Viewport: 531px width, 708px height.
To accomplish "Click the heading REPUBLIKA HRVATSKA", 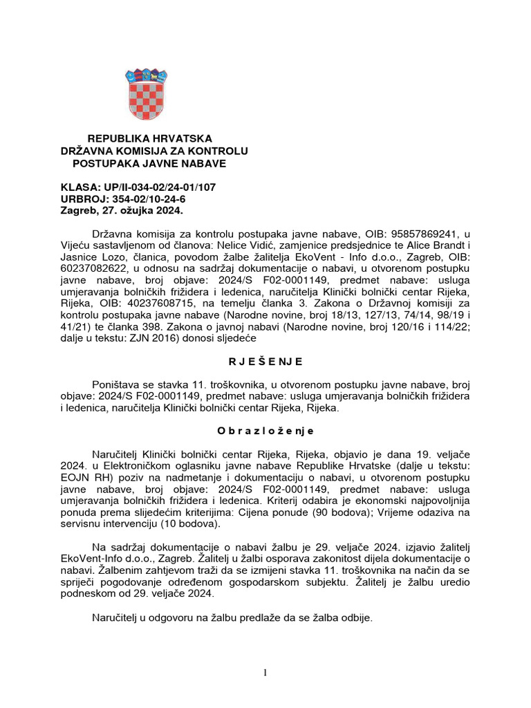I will tap(149, 139).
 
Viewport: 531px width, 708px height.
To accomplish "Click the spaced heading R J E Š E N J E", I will tap(265, 361).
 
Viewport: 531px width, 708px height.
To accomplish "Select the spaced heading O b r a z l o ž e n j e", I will tap(265, 430).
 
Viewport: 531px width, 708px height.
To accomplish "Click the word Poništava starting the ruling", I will tap(118, 384).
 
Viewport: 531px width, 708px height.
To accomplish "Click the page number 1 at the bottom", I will tap(265, 675).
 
